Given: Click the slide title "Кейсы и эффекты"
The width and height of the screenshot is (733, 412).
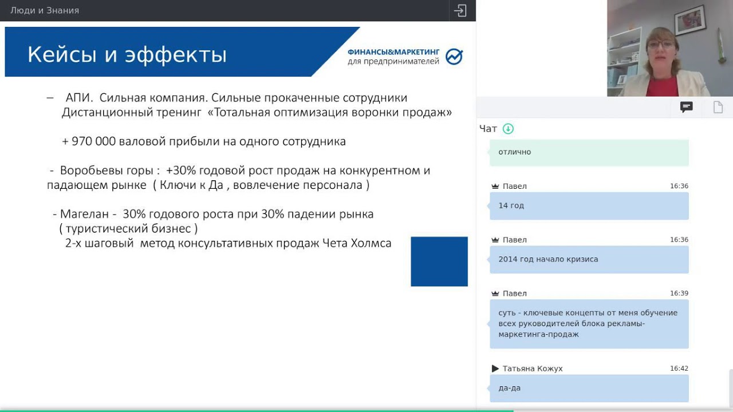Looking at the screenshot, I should tap(127, 55).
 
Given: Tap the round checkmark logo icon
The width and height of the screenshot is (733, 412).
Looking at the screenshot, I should tap(454, 57).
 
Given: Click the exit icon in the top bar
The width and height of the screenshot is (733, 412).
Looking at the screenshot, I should tap(460, 10).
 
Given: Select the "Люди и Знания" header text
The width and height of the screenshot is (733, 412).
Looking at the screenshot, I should tap(45, 10).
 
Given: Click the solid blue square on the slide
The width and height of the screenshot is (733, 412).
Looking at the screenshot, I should tap(439, 262).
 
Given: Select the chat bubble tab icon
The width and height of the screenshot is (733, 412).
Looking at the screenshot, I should tap(686, 107).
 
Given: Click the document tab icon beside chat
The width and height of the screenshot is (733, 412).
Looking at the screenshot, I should tap(718, 107).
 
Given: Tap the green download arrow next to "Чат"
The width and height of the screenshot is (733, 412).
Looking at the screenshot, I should tap(508, 129).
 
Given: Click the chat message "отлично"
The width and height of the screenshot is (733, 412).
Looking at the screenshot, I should tap(515, 152).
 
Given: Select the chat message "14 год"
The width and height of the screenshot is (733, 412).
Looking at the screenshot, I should tap(511, 205).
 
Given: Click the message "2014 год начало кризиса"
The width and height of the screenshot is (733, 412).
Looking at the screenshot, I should tap(548, 259).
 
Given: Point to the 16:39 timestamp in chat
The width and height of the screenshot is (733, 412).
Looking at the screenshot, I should tap(679, 294).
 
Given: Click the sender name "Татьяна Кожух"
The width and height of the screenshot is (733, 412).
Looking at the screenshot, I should tap(533, 369).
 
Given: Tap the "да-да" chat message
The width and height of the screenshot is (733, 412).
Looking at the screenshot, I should tap(510, 388).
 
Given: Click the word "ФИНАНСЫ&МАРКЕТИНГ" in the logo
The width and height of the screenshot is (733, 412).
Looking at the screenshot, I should tap(393, 51).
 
